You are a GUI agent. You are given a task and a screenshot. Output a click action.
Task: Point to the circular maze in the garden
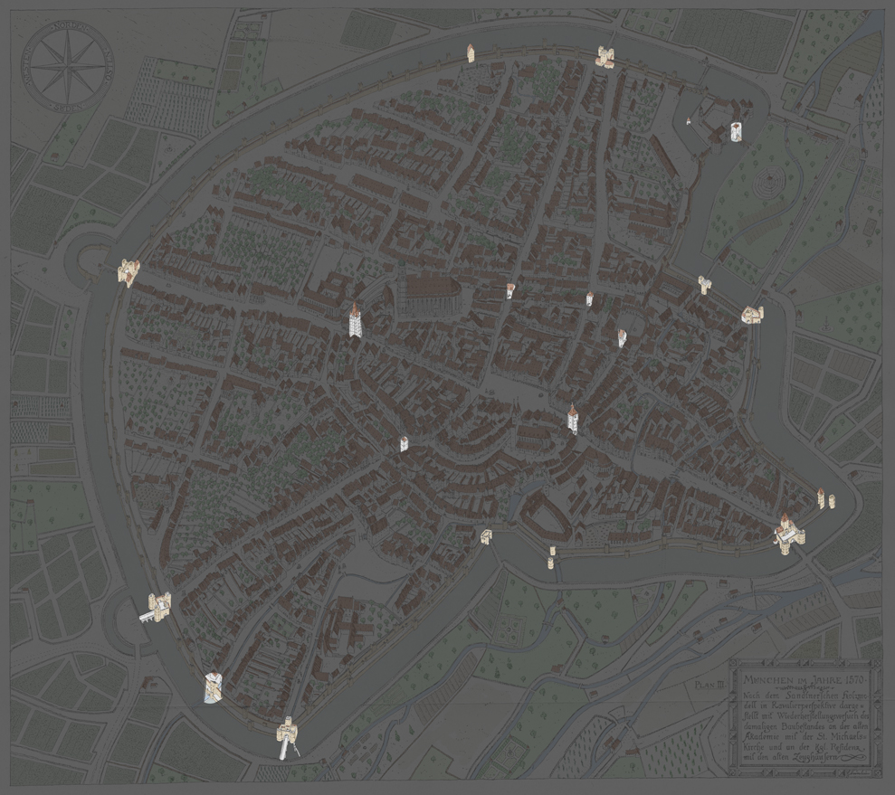coord(766,184)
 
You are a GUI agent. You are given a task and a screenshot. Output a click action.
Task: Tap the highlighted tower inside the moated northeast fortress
coord(737,132)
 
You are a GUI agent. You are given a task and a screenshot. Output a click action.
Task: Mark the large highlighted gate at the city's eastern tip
coord(786,531)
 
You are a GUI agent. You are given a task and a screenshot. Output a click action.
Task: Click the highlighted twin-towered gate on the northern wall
coord(605,57)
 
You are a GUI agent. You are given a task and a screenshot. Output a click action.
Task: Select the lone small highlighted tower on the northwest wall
coord(471,53)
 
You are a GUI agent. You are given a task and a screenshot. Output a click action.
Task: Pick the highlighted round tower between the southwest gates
coord(214,686)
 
